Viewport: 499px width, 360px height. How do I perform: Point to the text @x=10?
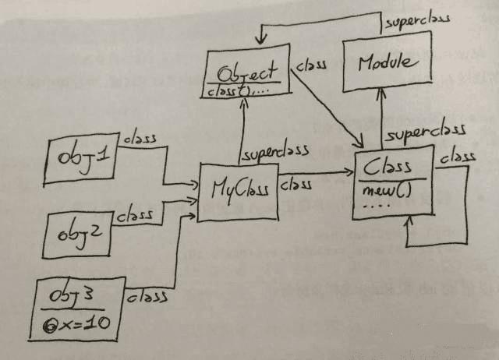pyautogui.click(x=81, y=325)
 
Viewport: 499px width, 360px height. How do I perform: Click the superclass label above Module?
pyautogui.click(x=417, y=21)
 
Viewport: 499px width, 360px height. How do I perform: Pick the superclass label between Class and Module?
pyautogui.click(x=425, y=132)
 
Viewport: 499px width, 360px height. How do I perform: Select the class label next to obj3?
pyautogui.click(x=148, y=297)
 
